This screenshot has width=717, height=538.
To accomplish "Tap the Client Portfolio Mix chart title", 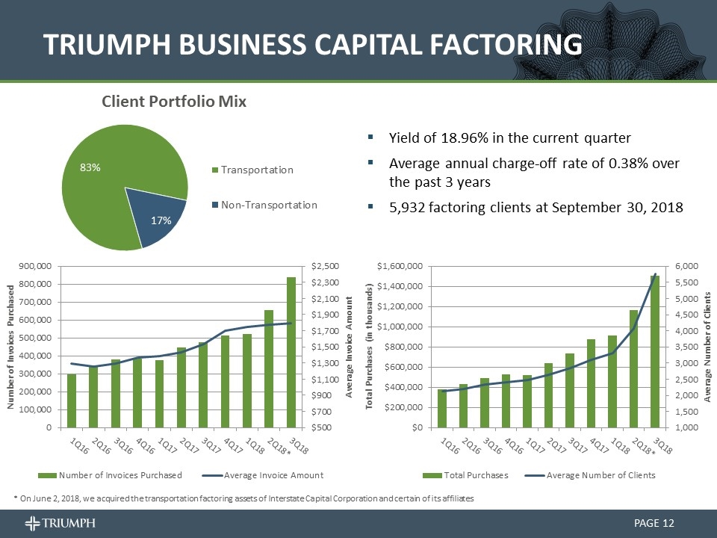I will click(x=174, y=101).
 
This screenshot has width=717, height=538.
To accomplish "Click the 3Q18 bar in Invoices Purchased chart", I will click(x=291, y=352).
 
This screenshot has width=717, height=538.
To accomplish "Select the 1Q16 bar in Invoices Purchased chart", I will click(x=72, y=401).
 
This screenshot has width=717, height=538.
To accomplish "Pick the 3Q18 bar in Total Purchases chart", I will click(x=655, y=351).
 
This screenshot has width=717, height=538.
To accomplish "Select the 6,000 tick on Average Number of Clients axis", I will click(x=688, y=266).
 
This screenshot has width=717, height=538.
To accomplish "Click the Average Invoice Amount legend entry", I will click(x=273, y=475).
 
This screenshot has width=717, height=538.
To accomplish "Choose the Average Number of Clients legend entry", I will click(x=600, y=475).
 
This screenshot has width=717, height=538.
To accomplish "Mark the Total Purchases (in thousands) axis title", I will click(x=369, y=347).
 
